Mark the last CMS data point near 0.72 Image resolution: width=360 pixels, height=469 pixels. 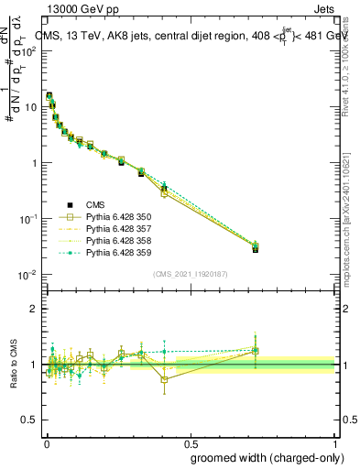pos(256,249)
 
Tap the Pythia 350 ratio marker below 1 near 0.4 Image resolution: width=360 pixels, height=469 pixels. pos(164,379)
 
